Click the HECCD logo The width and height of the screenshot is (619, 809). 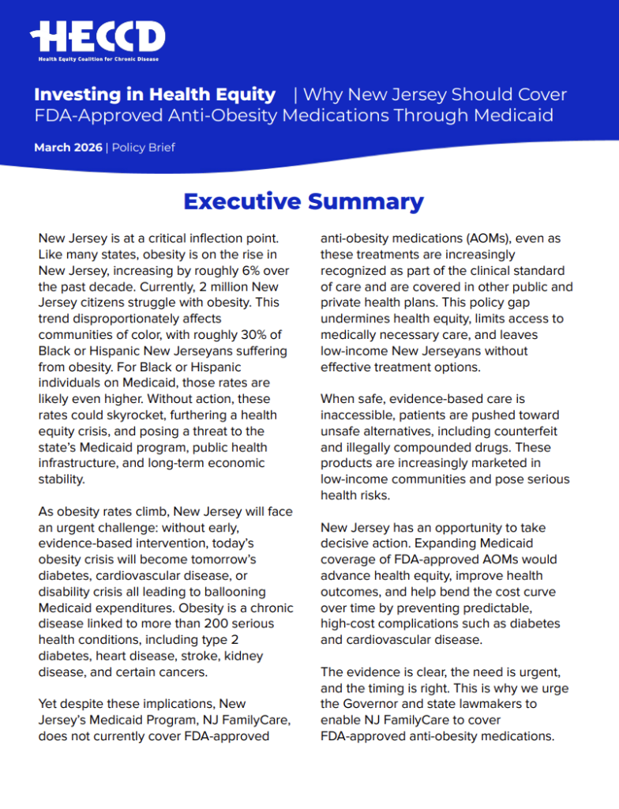click(98, 36)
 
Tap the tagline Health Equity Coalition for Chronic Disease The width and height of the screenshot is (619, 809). click(98, 58)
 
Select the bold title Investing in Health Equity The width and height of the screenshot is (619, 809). click(155, 95)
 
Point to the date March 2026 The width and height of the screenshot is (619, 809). click(68, 147)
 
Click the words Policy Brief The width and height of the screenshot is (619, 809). click(144, 147)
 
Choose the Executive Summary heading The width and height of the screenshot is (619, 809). click(303, 201)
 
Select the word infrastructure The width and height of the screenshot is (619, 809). click(84, 464)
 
